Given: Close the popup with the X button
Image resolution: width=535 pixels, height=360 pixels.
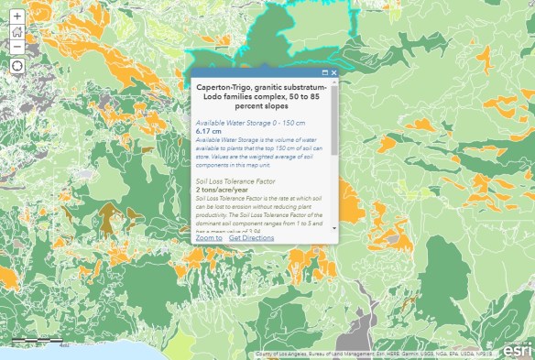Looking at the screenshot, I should pos(334,72).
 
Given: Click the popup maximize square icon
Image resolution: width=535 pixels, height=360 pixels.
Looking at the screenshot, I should pos(325,72).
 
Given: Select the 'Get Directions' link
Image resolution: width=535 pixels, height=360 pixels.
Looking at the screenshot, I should pos(251,237).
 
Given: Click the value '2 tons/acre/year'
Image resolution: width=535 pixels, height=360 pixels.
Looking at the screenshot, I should pos(222,189).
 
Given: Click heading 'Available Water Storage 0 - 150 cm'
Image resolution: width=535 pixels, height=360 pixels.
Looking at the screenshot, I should pos(250,123).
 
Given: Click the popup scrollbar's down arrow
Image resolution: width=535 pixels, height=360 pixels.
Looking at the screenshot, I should pos(334,227).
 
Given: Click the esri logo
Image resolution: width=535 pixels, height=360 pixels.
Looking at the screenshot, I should pos(515,346).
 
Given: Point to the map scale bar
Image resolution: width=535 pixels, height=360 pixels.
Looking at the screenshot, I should pos(37,341).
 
